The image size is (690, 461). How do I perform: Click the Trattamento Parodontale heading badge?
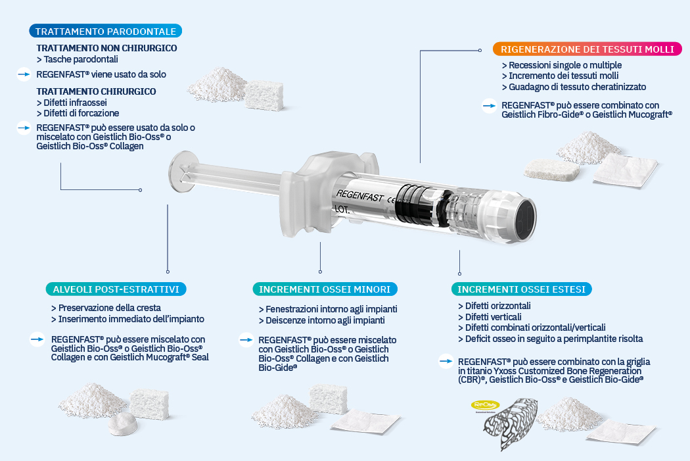pyautogui.click(x=106, y=32)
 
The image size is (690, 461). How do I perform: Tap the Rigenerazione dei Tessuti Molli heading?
pyautogui.click(x=587, y=49)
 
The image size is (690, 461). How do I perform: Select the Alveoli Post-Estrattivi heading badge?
pyautogui.click(x=116, y=289)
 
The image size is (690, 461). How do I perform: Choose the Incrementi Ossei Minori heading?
pyautogui.click(x=325, y=289)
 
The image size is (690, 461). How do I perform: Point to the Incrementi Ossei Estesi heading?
pyautogui.click(x=522, y=289)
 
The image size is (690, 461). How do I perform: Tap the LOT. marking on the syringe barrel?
pyautogui.click(x=342, y=210)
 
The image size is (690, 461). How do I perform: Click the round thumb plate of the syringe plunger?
pyautogui.click(x=181, y=172)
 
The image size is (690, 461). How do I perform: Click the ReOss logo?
pyautogui.click(x=485, y=405)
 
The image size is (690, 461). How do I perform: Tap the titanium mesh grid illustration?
pyautogui.click(x=511, y=423)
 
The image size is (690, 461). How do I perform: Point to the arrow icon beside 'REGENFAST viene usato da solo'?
pyautogui.click(x=24, y=74)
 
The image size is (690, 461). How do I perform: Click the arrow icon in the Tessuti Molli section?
pyautogui.click(x=489, y=106)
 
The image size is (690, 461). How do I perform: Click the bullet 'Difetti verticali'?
pyautogui.click(x=490, y=317)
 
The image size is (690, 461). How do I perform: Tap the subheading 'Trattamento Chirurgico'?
pyautogui.click(x=96, y=91)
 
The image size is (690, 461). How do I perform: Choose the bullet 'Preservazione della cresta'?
pyautogui.click(x=106, y=308)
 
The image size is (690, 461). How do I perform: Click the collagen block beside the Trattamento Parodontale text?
pyautogui.click(x=264, y=95)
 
